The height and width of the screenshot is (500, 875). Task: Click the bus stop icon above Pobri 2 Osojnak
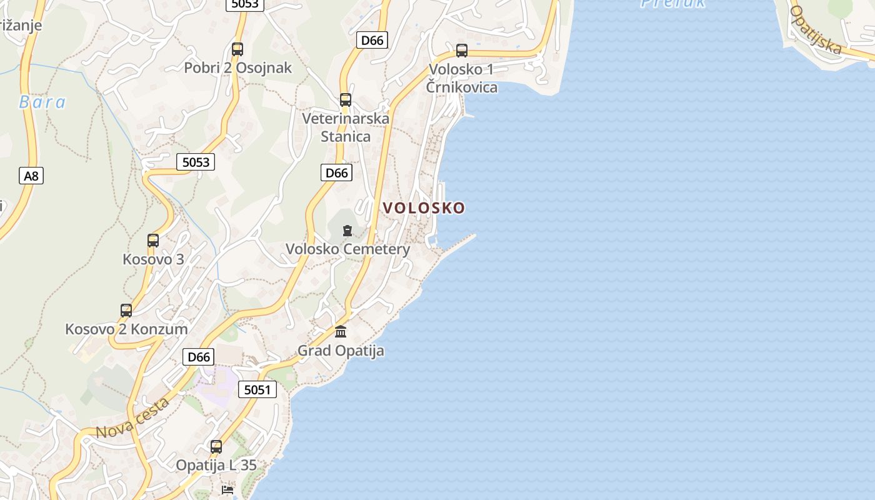click(237, 49)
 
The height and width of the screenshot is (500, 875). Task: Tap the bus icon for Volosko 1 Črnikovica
click(462, 51)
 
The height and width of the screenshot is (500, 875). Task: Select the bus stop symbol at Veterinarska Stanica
click(346, 99)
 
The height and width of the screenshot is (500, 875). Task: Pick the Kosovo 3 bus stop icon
click(153, 240)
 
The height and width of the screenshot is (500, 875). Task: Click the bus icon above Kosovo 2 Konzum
click(126, 310)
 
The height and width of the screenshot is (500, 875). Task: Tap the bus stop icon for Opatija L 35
click(216, 447)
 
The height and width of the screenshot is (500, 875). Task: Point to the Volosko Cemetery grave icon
click(347, 231)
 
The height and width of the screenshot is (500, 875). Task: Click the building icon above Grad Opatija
click(341, 331)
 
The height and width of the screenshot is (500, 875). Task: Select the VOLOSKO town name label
click(424, 207)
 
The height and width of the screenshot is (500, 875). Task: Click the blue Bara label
click(42, 102)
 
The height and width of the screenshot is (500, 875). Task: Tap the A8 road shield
click(31, 176)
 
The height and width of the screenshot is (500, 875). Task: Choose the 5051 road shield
click(257, 390)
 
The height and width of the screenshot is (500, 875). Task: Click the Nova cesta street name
click(133, 417)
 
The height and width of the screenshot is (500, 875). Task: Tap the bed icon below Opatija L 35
click(227, 490)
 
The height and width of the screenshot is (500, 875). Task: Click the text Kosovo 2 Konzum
click(126, 329)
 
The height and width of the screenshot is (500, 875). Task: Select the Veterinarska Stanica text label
click(346, 127)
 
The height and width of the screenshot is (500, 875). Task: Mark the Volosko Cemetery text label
click(347, 249)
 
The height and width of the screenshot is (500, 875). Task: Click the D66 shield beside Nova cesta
click(199, 357)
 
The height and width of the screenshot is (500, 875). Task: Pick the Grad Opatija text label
click(341, 351)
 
